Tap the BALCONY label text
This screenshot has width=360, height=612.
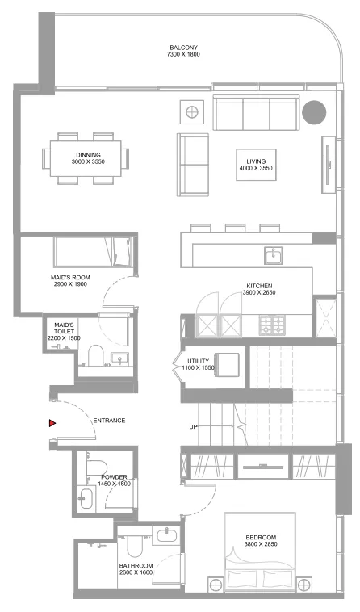point(183,47)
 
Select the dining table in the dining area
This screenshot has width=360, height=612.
point(89,157)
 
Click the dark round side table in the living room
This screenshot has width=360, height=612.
point(313,111)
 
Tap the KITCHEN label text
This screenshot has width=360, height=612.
point(259,286)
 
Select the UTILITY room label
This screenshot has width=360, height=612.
point(199,361)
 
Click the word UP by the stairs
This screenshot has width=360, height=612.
point(194,426)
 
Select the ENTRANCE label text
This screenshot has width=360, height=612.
point(109,421)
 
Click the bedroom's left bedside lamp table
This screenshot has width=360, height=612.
point(216,583)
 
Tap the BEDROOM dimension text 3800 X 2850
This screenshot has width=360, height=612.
point(262,545)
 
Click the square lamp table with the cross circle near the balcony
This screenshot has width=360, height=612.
point(191,111)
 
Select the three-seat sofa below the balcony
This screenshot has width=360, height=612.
point(253,111)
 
